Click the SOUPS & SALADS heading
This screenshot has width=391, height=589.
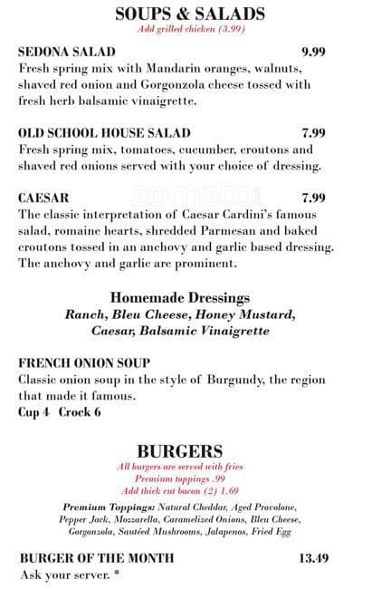[191, 14]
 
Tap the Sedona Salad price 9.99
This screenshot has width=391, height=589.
[313, 53]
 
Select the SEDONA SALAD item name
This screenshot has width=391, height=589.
[67, 53]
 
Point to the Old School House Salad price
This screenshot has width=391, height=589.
[313, 133]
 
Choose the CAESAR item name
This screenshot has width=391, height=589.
[43, 198]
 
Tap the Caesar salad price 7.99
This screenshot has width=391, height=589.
[313, 198]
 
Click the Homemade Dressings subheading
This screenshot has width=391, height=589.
[179, 297]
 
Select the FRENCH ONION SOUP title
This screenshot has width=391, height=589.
[84, 363]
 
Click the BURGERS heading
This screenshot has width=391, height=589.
[179, 450]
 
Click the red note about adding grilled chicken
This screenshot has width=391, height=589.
[191, 29]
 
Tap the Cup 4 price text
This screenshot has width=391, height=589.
[35, 412]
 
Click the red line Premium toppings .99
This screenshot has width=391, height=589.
[179, 478]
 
